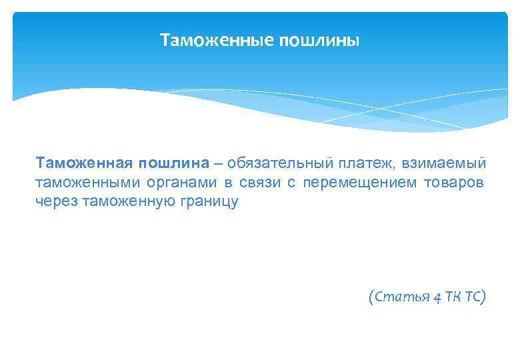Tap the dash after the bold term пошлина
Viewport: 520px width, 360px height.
[219, 164]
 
